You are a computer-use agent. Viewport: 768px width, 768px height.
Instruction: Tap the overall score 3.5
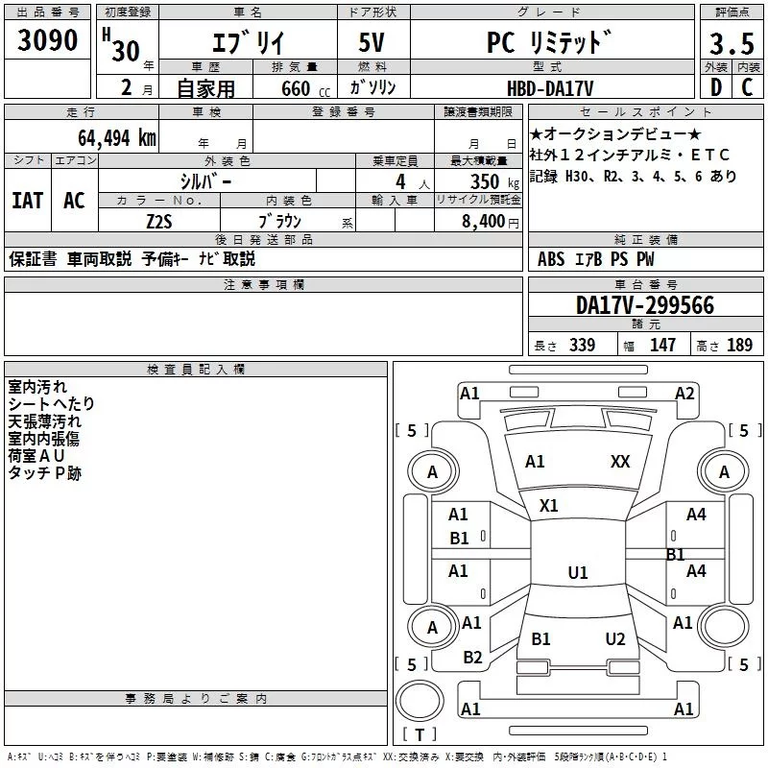click(x=732, y=43)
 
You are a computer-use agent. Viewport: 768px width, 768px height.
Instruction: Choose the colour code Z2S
click(x=160, y=220)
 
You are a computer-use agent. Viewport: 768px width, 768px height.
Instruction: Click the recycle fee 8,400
click(x=484, y=221)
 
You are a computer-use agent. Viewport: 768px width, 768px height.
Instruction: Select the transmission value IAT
click(x=29, y=200)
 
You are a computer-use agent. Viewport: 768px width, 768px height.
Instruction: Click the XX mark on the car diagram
click(x=620, y=462)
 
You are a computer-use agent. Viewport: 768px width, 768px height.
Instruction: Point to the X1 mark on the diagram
click(x=549, y=505)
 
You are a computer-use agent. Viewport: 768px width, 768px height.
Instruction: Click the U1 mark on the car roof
click(x=577, y=572)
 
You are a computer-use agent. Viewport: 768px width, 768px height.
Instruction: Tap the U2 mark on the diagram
click(x=615, y=638)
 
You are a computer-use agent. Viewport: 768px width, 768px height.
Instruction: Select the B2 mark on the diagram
click(x=472, y=657)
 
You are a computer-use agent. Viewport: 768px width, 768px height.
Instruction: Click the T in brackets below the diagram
click(x=419, y=735)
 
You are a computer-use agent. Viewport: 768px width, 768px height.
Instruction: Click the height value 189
click(x=739, y=345)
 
